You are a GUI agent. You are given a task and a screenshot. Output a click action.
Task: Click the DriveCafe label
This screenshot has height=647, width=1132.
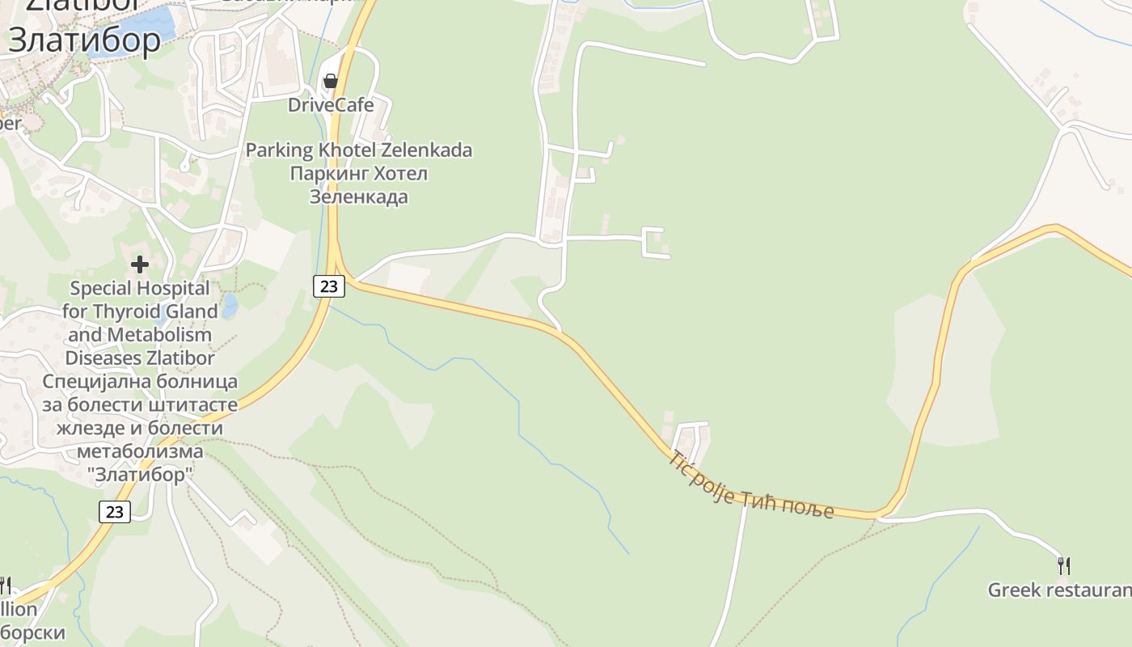point(331,105)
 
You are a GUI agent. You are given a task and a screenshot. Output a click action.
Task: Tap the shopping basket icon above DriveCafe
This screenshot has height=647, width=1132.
point(330,81)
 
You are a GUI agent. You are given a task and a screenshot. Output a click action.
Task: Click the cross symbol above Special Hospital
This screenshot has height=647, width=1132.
point(140,264)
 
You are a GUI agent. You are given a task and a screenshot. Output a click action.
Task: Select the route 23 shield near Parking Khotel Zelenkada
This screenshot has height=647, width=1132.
point(329,285)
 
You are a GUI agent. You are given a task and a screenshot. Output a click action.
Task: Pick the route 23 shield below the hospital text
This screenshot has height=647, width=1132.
point(116,512)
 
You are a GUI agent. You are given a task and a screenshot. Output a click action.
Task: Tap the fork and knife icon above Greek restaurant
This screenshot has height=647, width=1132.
point(1064,566)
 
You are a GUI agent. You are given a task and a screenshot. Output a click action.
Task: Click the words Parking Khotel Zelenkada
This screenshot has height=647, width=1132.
point(358,150)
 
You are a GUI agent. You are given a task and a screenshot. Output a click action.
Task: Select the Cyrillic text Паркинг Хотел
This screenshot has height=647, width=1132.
point(358,174)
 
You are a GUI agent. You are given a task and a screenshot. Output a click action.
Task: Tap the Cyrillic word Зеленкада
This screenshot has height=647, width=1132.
point(358,197)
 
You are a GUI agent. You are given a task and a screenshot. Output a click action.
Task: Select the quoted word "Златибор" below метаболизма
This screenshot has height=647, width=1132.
point(140,475)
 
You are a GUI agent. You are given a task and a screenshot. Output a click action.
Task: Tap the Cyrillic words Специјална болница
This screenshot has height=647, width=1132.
point(140,382)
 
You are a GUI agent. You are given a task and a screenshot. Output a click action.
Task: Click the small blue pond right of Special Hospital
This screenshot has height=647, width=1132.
point(230,306)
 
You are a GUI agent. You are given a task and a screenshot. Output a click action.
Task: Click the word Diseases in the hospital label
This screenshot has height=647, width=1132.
point(103,358)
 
